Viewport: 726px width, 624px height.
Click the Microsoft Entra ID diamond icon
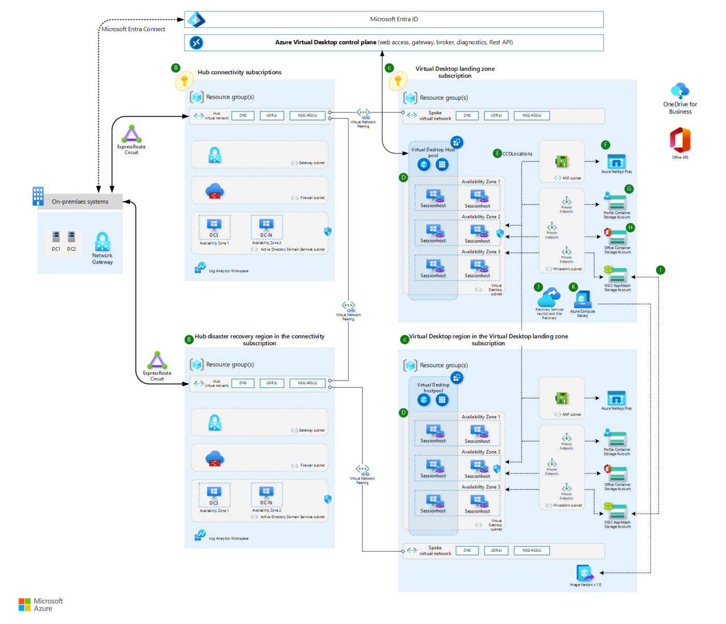197,20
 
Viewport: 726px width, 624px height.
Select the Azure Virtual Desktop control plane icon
197,43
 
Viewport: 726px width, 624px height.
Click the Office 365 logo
680,140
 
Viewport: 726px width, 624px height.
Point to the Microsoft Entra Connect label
133,30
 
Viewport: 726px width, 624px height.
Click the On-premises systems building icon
38,196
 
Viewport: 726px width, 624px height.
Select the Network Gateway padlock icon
102,241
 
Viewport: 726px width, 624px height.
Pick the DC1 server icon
56,237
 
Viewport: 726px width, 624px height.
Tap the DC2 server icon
72,237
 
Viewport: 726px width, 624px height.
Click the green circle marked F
606,145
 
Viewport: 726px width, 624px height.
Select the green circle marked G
629,189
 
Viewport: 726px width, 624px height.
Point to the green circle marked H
630,227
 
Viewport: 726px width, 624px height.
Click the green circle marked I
660,270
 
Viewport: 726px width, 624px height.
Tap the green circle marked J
538,287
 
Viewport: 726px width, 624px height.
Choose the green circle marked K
573,287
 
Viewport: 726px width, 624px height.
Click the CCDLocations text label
517,154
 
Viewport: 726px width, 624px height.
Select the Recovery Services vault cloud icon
549,298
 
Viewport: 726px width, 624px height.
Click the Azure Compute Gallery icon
582,300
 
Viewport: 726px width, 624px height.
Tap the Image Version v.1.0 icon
585,573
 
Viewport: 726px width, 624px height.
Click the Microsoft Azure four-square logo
24,605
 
